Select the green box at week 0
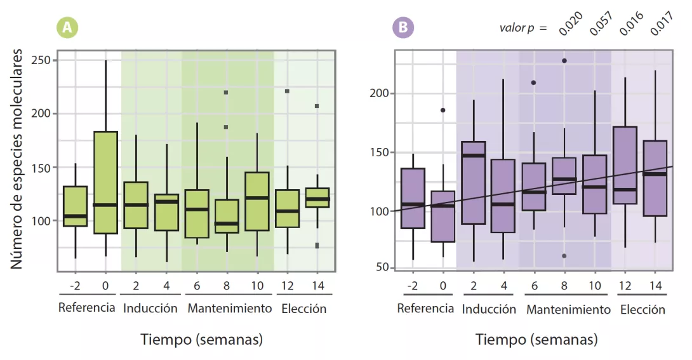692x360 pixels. (105, 182)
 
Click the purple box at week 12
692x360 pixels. (625, 165)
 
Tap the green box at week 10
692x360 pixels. (256, 201)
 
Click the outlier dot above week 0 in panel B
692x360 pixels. (443, 110)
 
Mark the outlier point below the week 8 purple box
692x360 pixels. (564, 256)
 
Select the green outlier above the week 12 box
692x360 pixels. (287, 91)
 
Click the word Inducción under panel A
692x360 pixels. (150, 309)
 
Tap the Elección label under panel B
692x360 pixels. (642, 310)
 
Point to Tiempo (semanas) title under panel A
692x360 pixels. (201, 340)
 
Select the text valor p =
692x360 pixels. (522, 29)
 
